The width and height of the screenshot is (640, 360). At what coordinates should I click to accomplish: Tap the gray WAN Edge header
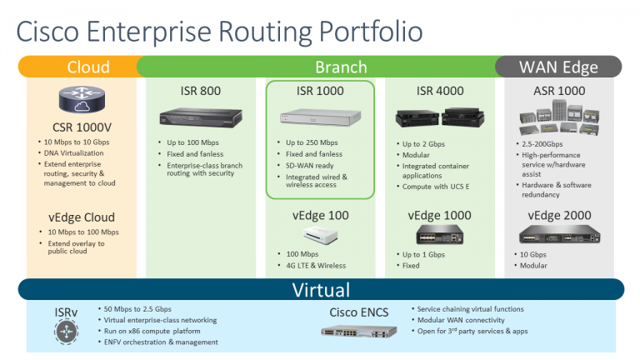click(557, 67)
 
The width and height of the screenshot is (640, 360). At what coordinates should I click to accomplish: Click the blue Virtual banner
click(321, 290)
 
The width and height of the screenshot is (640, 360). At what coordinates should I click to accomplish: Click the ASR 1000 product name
click(559, 91)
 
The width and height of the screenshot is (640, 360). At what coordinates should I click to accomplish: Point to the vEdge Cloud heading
click(81, 217)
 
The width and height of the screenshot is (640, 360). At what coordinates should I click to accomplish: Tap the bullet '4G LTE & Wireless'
click(315, 266)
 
